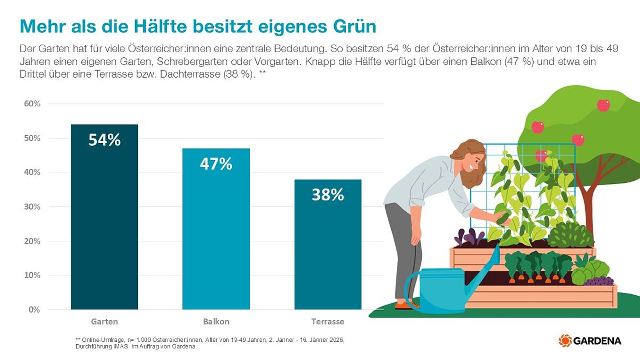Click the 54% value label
[104, 140]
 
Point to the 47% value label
[216, 164]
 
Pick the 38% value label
[328, 195]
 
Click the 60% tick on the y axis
[32, 104]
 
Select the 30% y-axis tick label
[32, 207]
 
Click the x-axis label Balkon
[216, 322]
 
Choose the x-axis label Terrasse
[328, 322]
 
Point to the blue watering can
[436, 290]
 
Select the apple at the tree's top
[603, 105]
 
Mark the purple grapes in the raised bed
[599, 281]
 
